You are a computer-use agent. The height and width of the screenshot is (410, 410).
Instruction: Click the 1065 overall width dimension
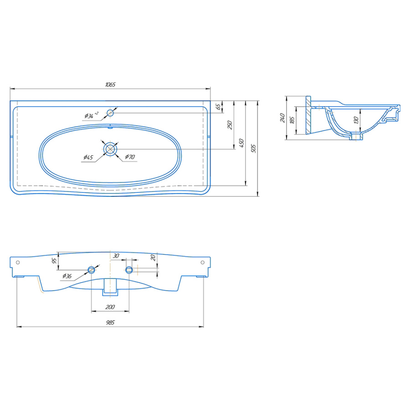coord(110,84)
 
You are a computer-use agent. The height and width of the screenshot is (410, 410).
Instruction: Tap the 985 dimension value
coord(110,323)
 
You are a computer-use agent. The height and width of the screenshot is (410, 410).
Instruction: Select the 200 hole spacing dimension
coord(110,307)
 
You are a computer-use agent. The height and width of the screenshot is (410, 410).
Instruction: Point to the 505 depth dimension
coord(253,148)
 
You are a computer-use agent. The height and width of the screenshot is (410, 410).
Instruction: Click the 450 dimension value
coord(241,143)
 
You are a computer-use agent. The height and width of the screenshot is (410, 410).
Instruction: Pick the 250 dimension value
coord(230,125)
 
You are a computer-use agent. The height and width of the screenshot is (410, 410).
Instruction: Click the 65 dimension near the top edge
coord(218,107)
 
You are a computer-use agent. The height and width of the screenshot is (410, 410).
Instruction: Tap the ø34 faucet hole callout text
coord(92,115)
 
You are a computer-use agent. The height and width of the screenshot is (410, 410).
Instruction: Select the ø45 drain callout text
coord(88,157)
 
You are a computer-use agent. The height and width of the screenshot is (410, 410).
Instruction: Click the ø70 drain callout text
coord(130,157)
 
